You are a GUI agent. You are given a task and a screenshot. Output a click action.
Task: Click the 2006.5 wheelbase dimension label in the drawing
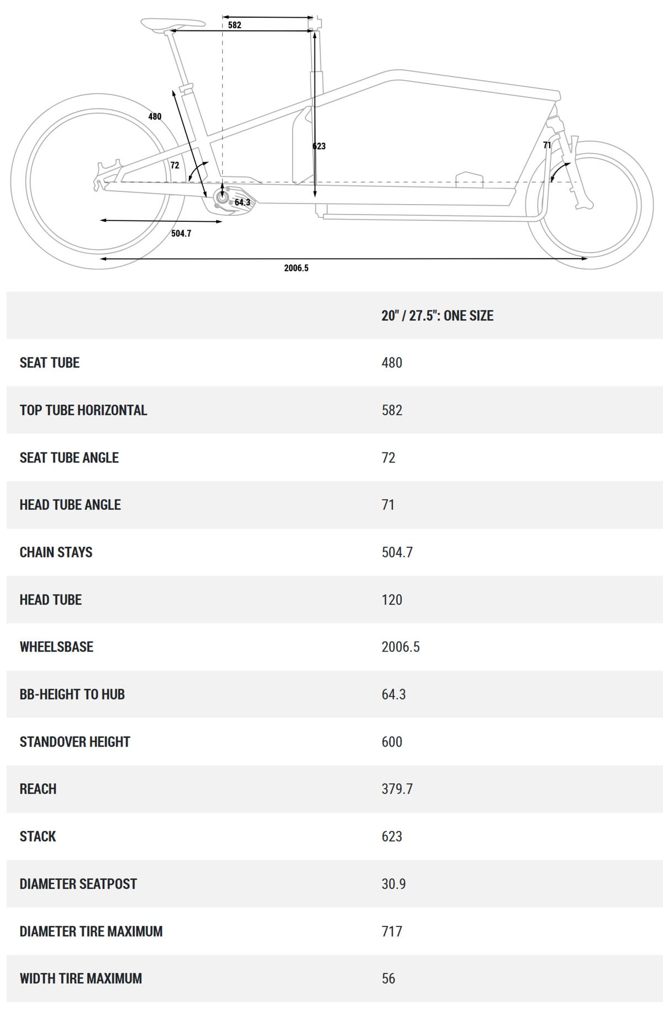pyautogui.click(x=296, y=268)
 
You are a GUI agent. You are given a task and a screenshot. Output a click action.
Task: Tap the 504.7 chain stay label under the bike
pyautogui.click(x=181, y=233)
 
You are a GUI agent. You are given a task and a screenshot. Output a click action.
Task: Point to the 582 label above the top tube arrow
pyautogui.click(x=235, y=25)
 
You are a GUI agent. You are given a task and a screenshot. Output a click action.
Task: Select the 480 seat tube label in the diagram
pyautogui.click(x=155, y=117)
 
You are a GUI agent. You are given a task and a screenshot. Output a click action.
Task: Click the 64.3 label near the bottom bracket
pyautogui.click(x=243, y=202)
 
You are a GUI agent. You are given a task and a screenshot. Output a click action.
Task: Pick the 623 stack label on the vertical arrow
pyautogui.click(x=319, y=146)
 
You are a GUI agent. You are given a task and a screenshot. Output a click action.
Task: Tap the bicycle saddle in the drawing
pyautogui.click(x=173, y=24)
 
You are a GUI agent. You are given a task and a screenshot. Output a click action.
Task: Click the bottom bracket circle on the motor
pyautogui.click(x=223, y=196)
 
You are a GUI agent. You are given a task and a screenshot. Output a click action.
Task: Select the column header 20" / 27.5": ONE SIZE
pyautogui.click(x=437, y=316)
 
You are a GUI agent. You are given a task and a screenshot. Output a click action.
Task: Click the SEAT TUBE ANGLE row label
pyautogui.click(x=69, y=457)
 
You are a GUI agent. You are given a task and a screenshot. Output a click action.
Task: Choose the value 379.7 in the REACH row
pyautogui.click(x=397, y=789)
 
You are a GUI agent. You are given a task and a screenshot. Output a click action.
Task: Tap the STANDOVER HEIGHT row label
pyautogui.click(x=75, y=742)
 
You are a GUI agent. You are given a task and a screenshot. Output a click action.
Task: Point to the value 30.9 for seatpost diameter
pyautogui.click(x=393, y=884)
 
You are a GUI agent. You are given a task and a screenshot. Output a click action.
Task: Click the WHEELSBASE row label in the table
pyautogui.click(x=56, y=647)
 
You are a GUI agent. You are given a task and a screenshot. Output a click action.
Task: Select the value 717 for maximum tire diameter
pyautogui.click(x=392, y=931)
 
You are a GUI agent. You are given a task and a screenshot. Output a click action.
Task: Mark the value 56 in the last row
pyautogui.click(x=388, y=978)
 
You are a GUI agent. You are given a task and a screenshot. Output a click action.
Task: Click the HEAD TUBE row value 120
pyautogui.click(x=392, y=600)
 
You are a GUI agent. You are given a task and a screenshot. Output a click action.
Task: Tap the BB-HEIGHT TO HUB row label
pyautogui.click(x=72, y=694)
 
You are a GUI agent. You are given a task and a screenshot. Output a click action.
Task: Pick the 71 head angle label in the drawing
pyautogui.click(x=547, y=145)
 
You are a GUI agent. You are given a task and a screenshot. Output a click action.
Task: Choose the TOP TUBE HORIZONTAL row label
pyautogui.click(x=83, y=410)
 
